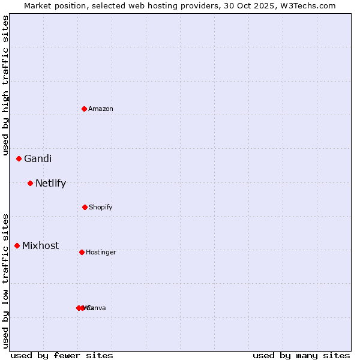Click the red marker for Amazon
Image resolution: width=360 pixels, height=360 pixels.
coord(84,109)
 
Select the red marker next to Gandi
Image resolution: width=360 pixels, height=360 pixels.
coord(19,158)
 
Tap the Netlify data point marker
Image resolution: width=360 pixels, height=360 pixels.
coord(30,183)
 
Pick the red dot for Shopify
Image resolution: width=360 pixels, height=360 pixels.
coord(85,207)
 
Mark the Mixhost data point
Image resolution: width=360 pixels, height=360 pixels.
coord(17,245)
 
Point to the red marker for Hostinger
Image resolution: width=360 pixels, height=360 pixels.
coord(82,252)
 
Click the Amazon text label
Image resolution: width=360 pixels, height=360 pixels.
coord(101,109)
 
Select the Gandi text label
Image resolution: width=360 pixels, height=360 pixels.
coord(38,158)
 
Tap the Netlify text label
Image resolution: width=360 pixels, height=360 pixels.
coord(50,183)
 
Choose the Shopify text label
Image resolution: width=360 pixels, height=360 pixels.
coord(101,207)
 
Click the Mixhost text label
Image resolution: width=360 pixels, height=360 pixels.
coord(41,245)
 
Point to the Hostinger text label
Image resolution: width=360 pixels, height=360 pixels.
coord(101,252)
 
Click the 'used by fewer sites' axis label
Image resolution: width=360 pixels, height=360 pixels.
coord(62,355)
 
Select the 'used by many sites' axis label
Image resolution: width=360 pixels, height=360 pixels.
coord(301,355)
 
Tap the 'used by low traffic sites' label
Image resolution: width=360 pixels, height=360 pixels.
coord(5,281)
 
